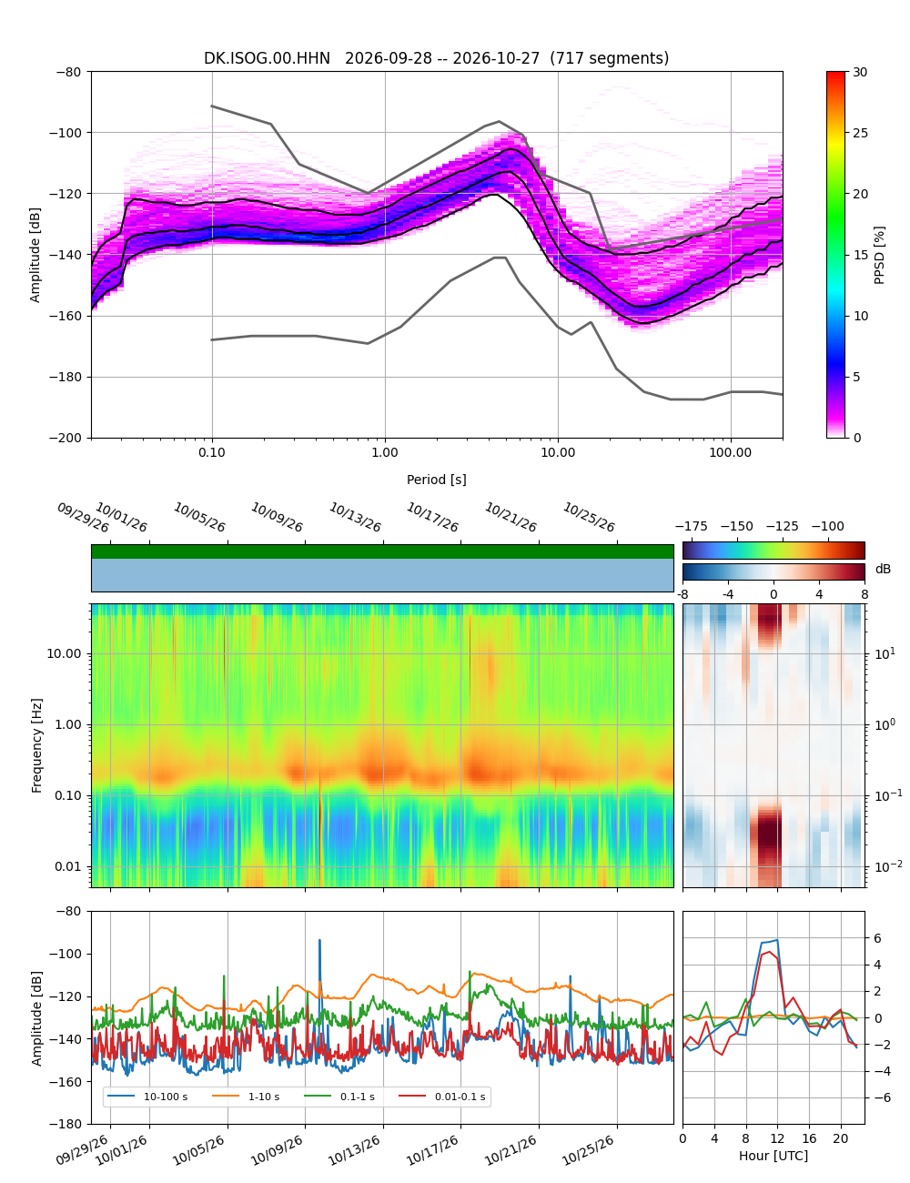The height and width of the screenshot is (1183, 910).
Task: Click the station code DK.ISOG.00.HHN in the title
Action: pyautogui.click(x=267, y=58)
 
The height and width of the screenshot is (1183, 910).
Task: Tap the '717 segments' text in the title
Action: pyautogui.click(x=609, y=58)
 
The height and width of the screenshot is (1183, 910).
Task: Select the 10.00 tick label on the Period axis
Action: pyautogui.click(x=557, y=452)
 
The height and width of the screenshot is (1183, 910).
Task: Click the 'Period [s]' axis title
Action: pyautogui.click(x=436, y=480)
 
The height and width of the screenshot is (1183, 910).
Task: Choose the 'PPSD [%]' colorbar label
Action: pyautogui.click(x=878, y=255)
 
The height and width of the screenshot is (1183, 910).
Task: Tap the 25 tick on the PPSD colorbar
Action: pyautogui.click(x=859, y=133)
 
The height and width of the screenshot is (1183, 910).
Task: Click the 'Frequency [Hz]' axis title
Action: pyautogui.click(x=36, y=745)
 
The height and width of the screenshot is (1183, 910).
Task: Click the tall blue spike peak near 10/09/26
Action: pyautogui.click(x=319, y=940)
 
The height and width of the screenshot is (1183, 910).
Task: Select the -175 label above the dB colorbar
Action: pyautogui.click(x=692, y=527)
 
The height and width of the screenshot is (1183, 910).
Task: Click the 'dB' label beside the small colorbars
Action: pyautogui.click(x=883, y=569)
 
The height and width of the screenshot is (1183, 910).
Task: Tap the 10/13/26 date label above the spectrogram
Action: pyautogui.click(x=355, y=517)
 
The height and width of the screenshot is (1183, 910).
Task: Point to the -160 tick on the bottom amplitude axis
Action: pyautogui.click(x=68, y=1082)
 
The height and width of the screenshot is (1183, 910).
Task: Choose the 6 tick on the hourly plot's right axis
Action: pyautogui.click(x=877, y=938)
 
